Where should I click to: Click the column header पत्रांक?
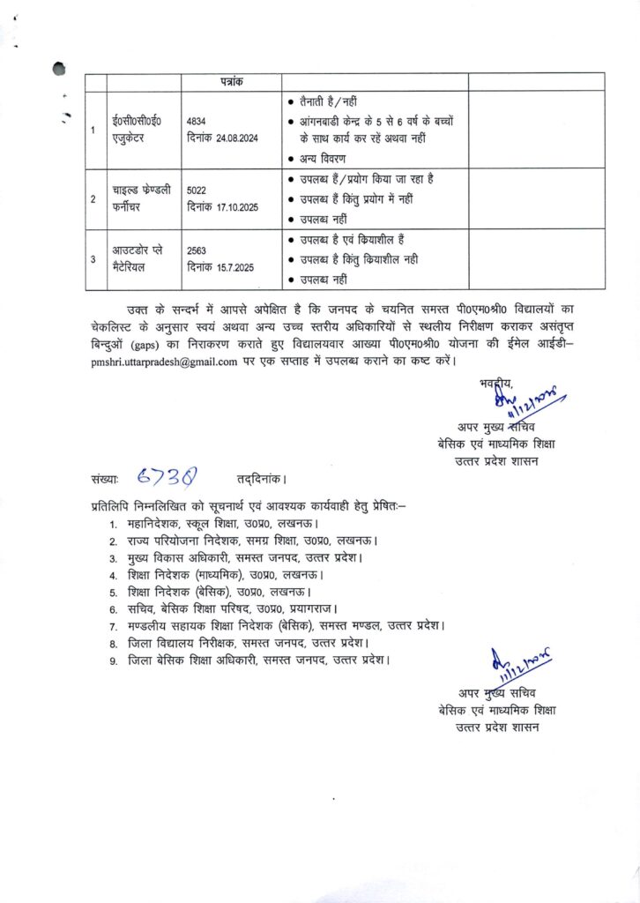pos(232,81)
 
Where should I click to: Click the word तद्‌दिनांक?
pos(261,480)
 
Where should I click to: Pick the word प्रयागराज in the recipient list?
pos(316,608)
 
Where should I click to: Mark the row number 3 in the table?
pos(93,259)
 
